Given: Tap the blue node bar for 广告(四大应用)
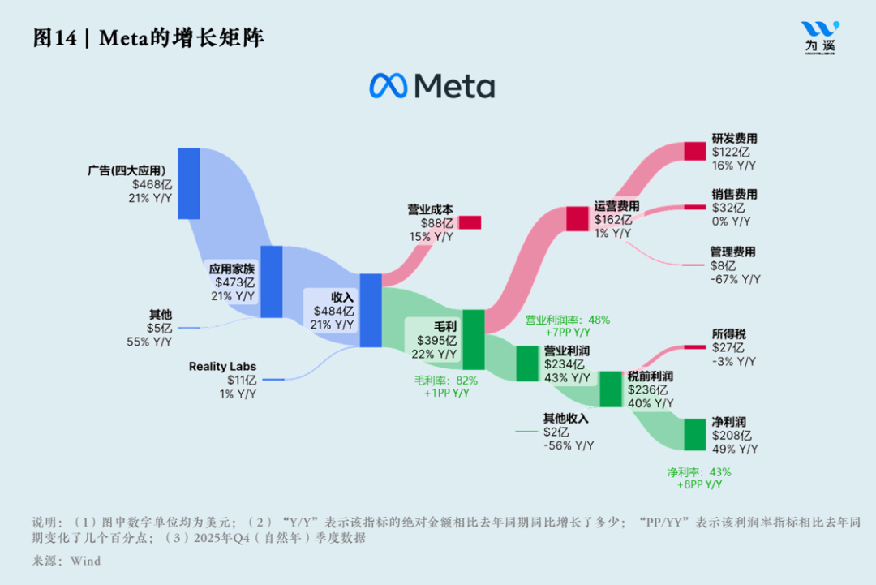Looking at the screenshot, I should click(x=189, y=183).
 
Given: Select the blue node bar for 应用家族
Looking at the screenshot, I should click(x=271, y=282).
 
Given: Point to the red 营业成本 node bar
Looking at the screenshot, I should click(x=470, y=222).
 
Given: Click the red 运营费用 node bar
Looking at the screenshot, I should click(x=577, y=218).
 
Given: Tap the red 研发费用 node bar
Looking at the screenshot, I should click(x=695, y=151).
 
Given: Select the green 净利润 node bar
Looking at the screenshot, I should click(x=695, y=434).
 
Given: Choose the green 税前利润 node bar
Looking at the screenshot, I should click(x=611, y=389).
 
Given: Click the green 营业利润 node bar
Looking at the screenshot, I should click(x=527, y=363).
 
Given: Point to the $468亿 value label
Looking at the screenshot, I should click(x=152, y=184).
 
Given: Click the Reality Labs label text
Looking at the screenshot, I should click(x=222, y=367).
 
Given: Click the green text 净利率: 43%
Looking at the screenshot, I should click(x=699, y=471).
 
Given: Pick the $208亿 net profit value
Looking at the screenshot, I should click(x=732, y=436).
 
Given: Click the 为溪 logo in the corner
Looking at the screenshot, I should click(x=820, y=37).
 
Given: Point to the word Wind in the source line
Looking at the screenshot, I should click(x=85, y=560).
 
